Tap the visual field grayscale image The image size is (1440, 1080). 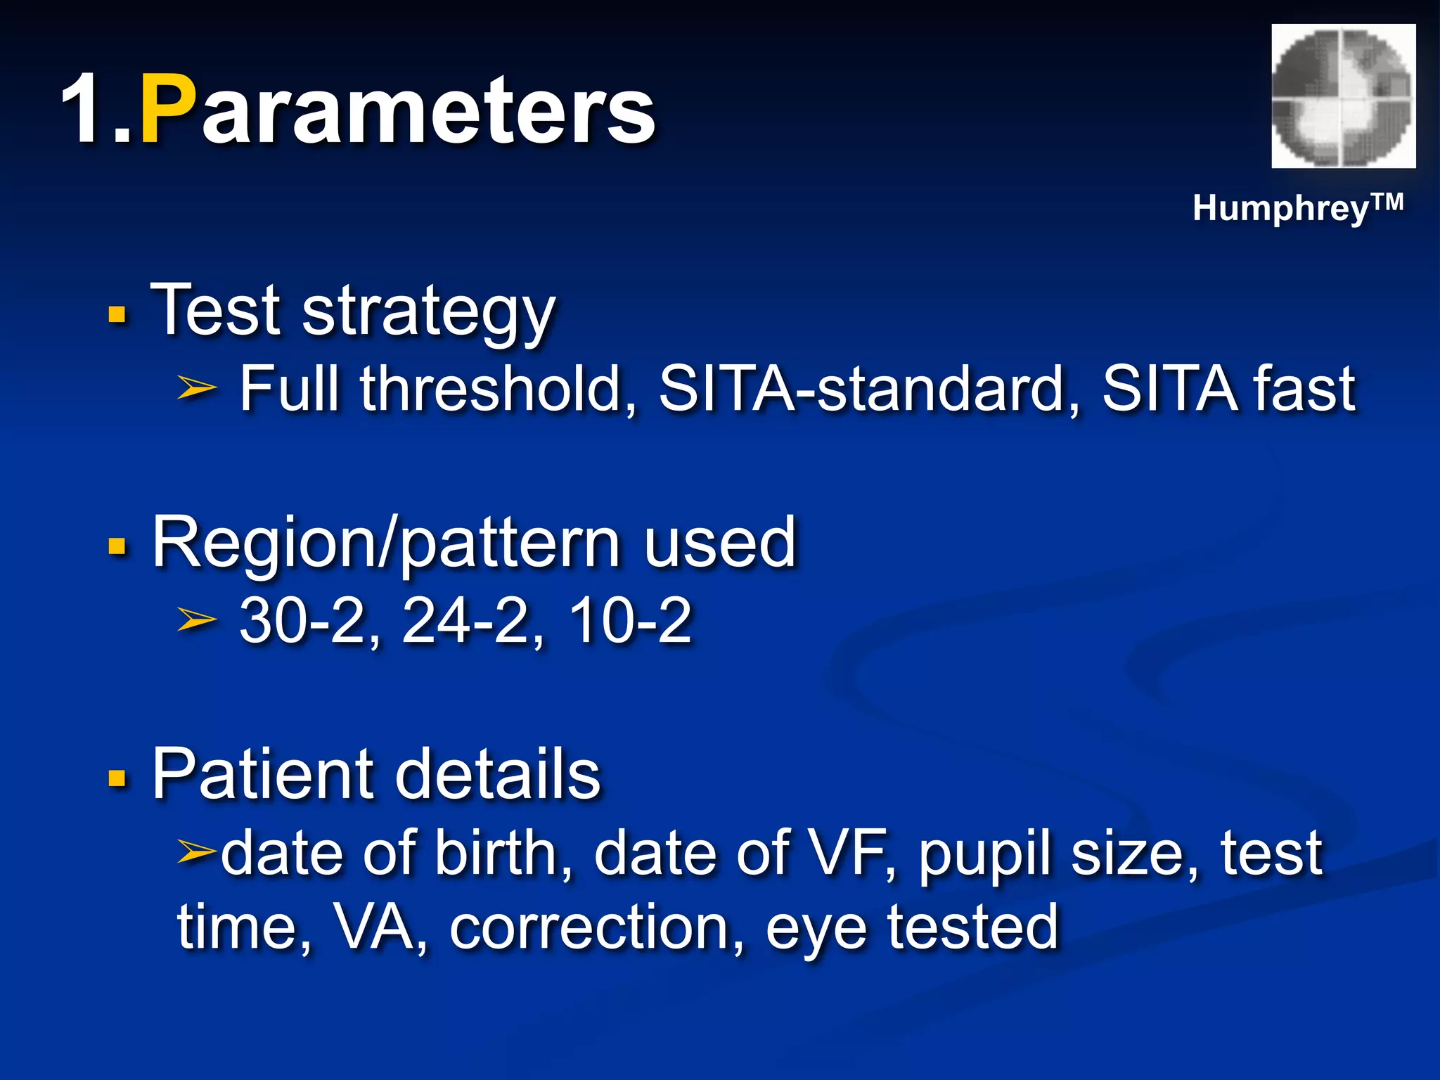pos(1343,96)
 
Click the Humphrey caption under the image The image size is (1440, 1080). pos(1297,209)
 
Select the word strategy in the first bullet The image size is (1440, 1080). pos(429,313)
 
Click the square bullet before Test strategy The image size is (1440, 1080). pos(117,314)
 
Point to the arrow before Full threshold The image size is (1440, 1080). pos(196,387)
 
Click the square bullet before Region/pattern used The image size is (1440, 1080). pos(117,546)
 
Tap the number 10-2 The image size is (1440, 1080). pos(630,621)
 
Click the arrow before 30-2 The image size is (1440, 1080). pos(196,619)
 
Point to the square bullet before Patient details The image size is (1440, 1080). pos(117,778)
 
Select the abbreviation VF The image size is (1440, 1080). pos(851,853)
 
